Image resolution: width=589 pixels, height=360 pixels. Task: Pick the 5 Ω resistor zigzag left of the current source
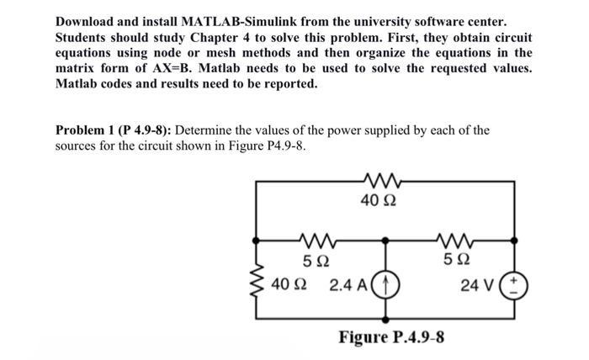(317, 239)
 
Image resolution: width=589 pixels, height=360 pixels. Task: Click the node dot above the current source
(387, 239)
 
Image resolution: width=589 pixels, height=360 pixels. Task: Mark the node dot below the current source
(387, 320)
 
